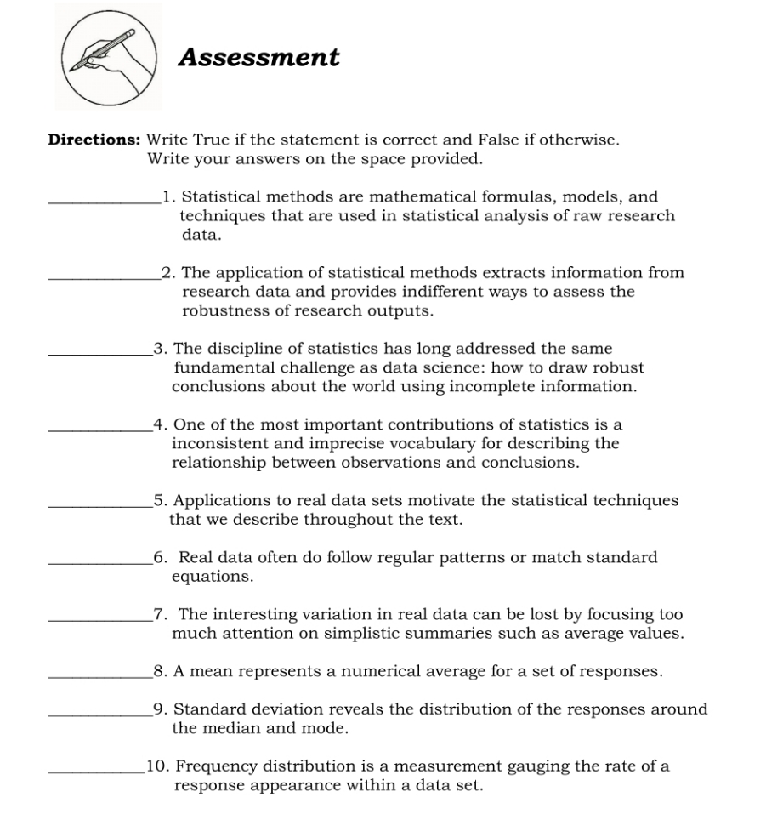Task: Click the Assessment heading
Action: pos(258,58)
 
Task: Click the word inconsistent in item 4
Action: pos(218,443)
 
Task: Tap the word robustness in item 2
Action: pos(224,310)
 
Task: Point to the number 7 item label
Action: pos(158,614)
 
